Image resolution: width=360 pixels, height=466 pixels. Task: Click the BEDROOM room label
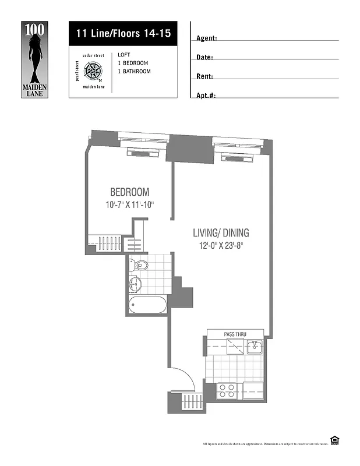129,192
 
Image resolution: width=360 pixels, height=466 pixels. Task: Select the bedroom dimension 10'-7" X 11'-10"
129,205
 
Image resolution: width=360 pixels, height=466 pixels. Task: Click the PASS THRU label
235,334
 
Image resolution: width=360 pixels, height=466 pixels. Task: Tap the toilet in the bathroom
139,266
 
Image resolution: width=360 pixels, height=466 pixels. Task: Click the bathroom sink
136,285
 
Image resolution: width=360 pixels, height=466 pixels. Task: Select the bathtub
148,303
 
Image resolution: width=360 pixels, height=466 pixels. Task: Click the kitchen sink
254,347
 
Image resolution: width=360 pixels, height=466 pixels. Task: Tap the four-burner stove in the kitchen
227,390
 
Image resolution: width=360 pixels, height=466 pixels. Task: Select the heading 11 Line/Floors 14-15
123,33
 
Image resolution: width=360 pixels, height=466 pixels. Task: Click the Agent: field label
207,38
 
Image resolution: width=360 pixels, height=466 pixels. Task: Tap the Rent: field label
204,76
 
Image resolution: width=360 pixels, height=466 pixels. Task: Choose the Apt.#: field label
206,95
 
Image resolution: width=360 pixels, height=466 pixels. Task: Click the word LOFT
123,55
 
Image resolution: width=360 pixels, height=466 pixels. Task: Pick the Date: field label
204,58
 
